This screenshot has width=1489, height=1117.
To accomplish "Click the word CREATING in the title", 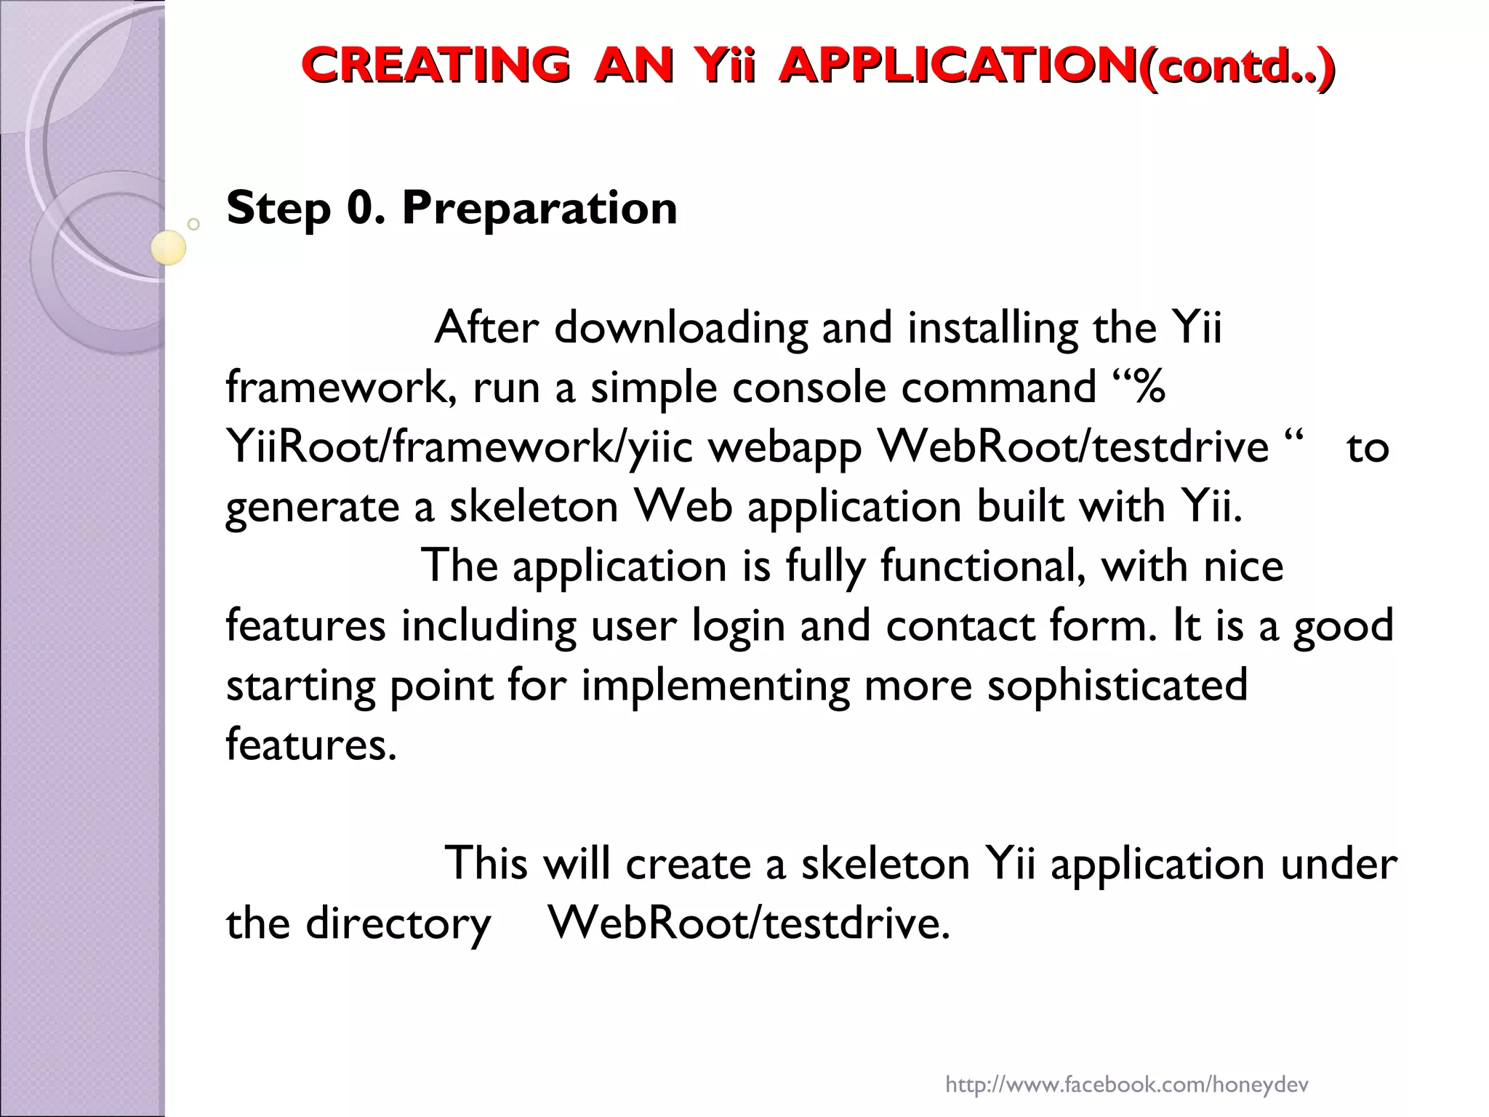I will click(x=435, y=65).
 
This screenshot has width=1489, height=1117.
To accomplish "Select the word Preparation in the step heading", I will click(x=539, y=209).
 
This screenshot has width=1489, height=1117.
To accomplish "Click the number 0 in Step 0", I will click(x=361, y=209).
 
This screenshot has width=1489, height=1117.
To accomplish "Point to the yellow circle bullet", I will click(x=168, y=247).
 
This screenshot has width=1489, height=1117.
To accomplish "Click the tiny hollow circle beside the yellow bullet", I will click(x=193, y=224).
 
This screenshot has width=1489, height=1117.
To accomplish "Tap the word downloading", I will click(x=681, y=329).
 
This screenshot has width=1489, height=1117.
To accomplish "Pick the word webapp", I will click(x=785, y=447).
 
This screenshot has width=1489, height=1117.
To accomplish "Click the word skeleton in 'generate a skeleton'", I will click(x=534, y=507).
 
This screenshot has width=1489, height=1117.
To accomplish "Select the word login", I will click(x=737, y=626).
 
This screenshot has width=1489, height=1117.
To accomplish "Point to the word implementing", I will click(x=715, y=686).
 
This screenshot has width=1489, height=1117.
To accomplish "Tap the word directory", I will click(x=398, y=924).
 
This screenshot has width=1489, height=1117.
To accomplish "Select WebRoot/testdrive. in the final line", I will click(x=750, y=924).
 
